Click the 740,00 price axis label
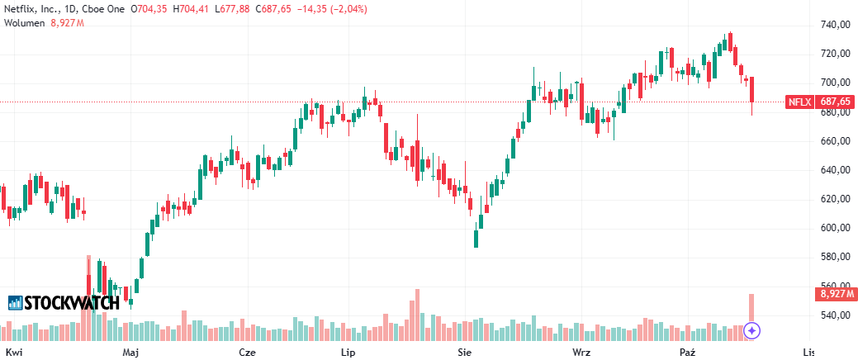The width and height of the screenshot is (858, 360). [x=835, y=25]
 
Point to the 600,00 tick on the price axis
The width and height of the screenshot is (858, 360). [x=835, y=228]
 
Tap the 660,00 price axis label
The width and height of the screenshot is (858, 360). [x=835, y=141]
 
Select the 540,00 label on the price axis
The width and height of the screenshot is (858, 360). [x=835, y=315]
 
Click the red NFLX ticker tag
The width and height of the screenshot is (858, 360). [x=799, y=102]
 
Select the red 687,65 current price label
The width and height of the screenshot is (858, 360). [x=835, y=102]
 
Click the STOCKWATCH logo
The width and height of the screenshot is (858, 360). [x=64, y=303]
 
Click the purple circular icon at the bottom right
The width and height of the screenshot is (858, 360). [x=751, y=331]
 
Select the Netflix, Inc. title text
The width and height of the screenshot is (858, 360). [x=31, y=8]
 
